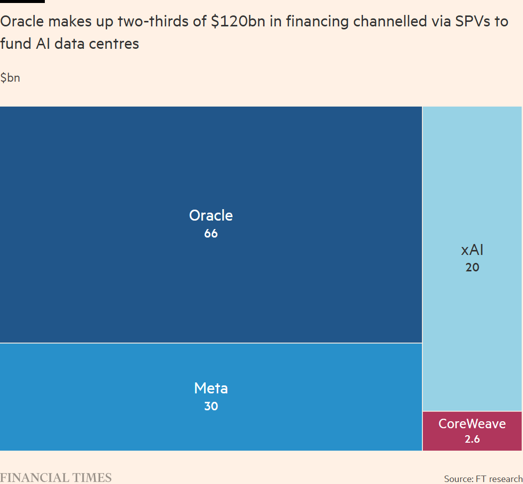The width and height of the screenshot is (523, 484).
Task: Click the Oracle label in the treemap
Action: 211,216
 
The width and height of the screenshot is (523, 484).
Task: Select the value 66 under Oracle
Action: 211,233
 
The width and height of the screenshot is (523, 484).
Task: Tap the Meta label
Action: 211,388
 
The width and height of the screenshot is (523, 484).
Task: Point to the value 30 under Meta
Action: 211,406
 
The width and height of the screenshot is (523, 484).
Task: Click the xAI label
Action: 472,250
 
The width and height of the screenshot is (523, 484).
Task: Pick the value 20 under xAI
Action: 472,267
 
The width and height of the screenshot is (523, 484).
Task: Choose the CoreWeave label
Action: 472,424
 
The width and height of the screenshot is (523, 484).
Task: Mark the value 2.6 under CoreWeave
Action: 472,440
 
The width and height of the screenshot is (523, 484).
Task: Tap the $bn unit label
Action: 10,78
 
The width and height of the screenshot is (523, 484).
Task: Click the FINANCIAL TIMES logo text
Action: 56,478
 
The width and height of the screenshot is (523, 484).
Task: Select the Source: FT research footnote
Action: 483,479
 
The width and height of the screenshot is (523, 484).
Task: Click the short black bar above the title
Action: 22,1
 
